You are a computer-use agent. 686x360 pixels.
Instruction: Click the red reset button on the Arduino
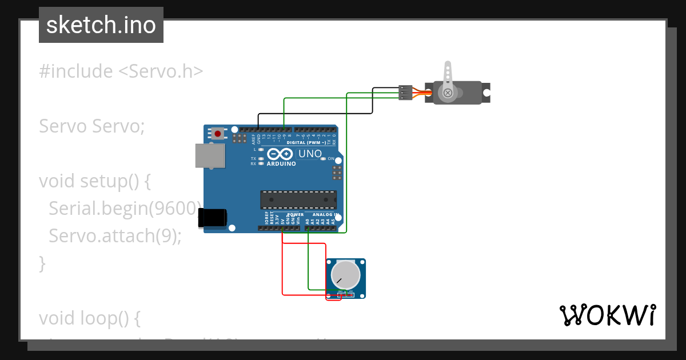point(218,134)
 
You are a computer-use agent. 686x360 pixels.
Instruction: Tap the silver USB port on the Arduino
point(210,155)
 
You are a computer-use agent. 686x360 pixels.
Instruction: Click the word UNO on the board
point(310,154)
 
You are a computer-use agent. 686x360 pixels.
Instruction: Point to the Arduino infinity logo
point(281,154)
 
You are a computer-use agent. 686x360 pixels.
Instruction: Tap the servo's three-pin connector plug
point(405,93)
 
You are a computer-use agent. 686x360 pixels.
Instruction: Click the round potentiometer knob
point(346,275)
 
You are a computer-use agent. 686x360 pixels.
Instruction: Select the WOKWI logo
point(607,315)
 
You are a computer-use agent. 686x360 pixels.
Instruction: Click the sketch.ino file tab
point(101,25)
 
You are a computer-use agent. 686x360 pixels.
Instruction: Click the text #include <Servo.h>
point(121,71)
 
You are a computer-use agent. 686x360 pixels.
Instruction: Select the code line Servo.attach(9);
point(115,235)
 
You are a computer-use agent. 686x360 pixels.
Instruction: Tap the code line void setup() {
point(95,181)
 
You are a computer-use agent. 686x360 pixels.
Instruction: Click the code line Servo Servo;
point(91,126)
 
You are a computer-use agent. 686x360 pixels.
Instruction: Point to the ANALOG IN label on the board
point(325,215)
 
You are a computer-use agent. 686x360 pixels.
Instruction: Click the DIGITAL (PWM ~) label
point(306,142)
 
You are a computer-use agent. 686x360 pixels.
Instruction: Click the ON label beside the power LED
point(331,158)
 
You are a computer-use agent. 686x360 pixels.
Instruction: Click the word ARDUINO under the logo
point(281,164)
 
